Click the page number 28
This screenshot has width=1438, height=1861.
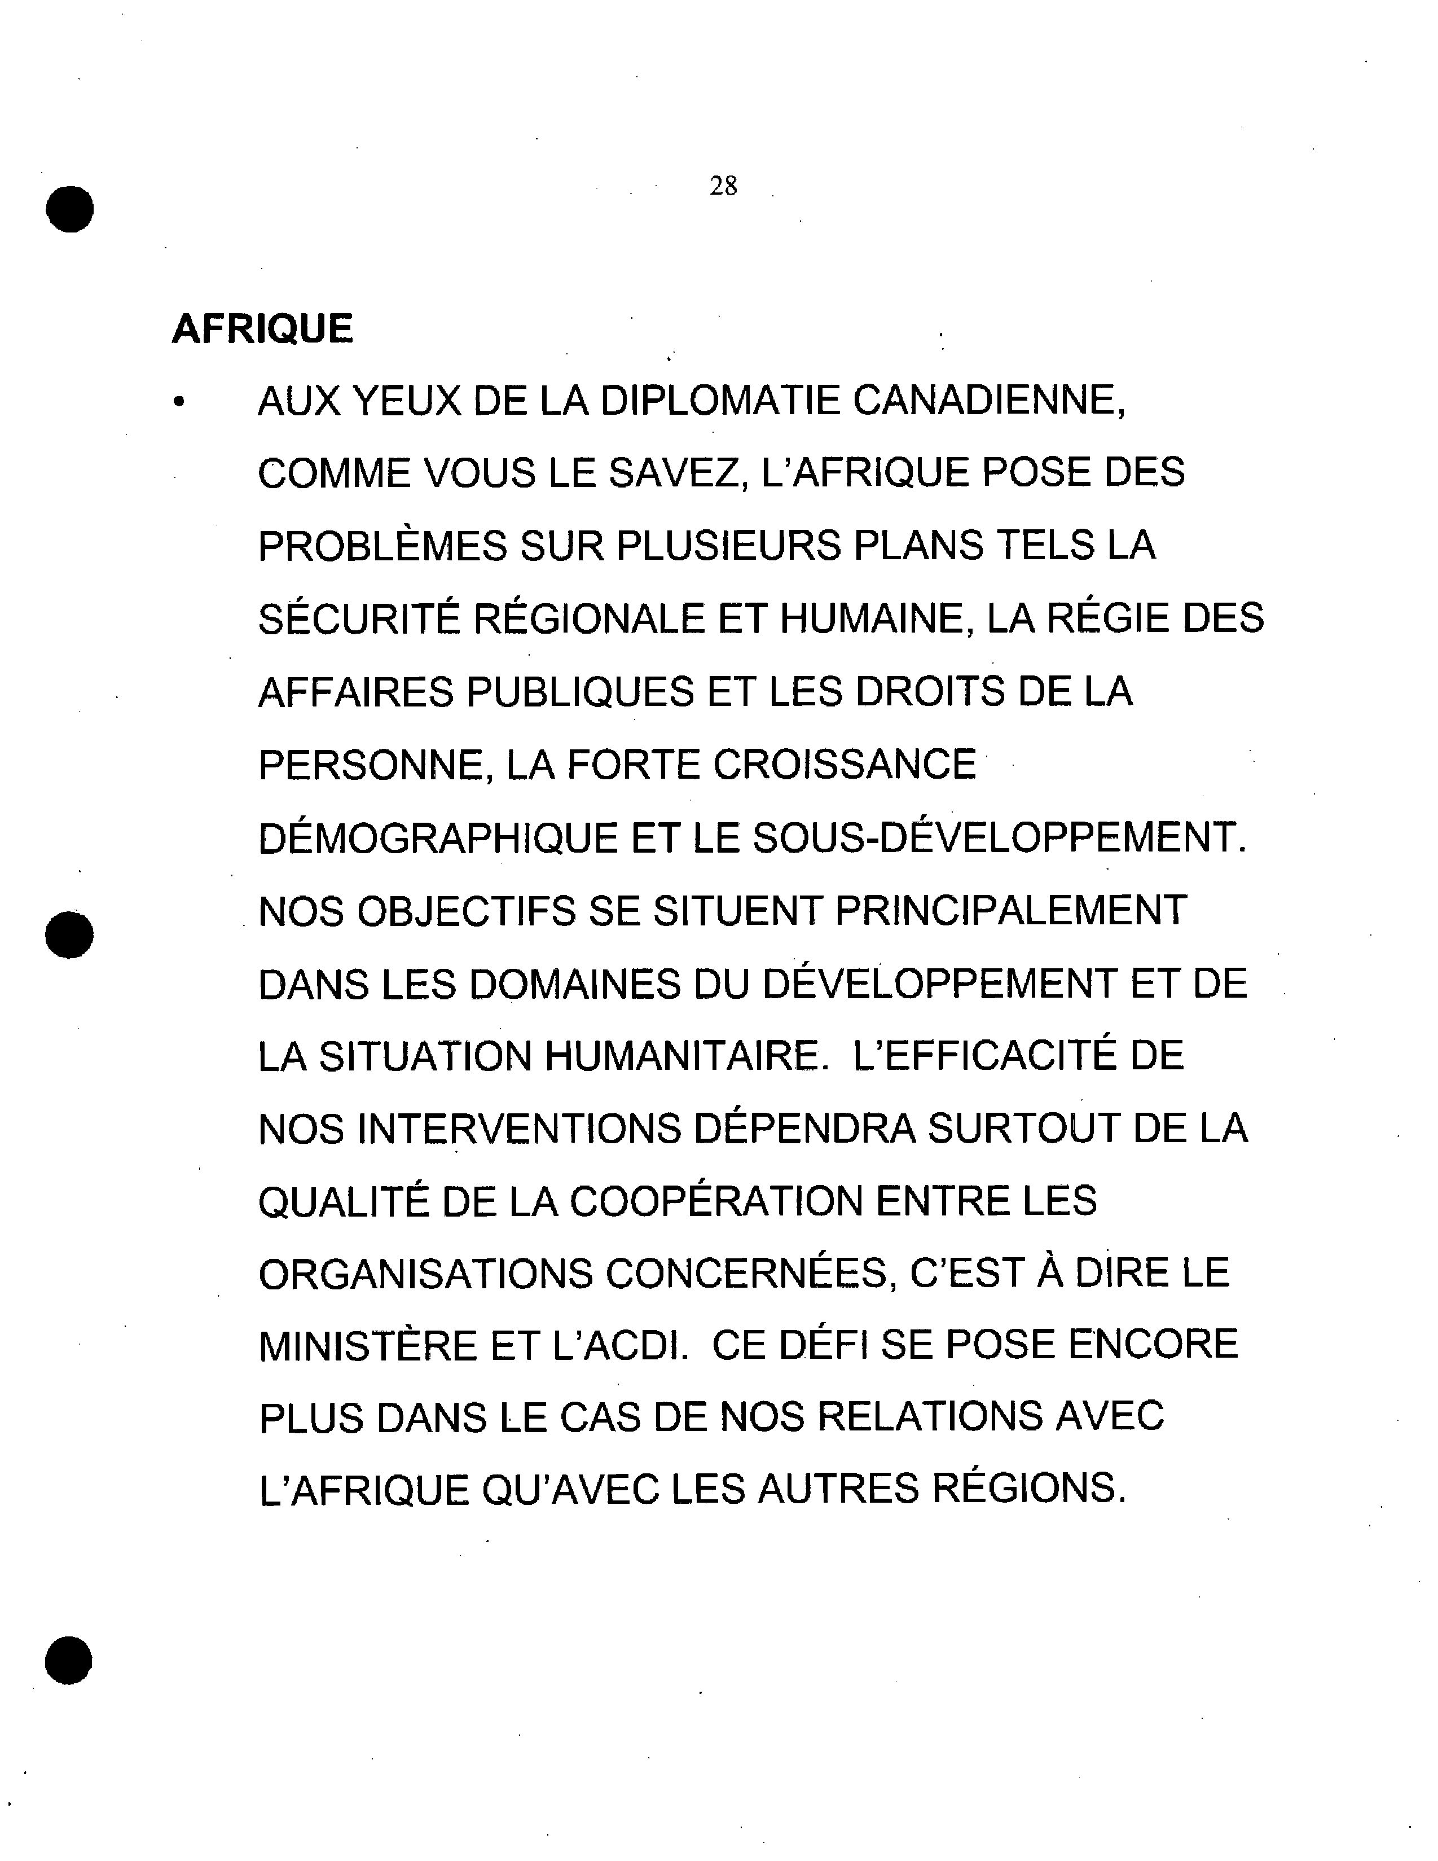723,186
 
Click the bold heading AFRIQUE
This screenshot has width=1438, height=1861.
262,329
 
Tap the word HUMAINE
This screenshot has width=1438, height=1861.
877,618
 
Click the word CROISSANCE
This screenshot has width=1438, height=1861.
844,765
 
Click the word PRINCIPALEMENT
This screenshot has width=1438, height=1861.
1011,911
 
